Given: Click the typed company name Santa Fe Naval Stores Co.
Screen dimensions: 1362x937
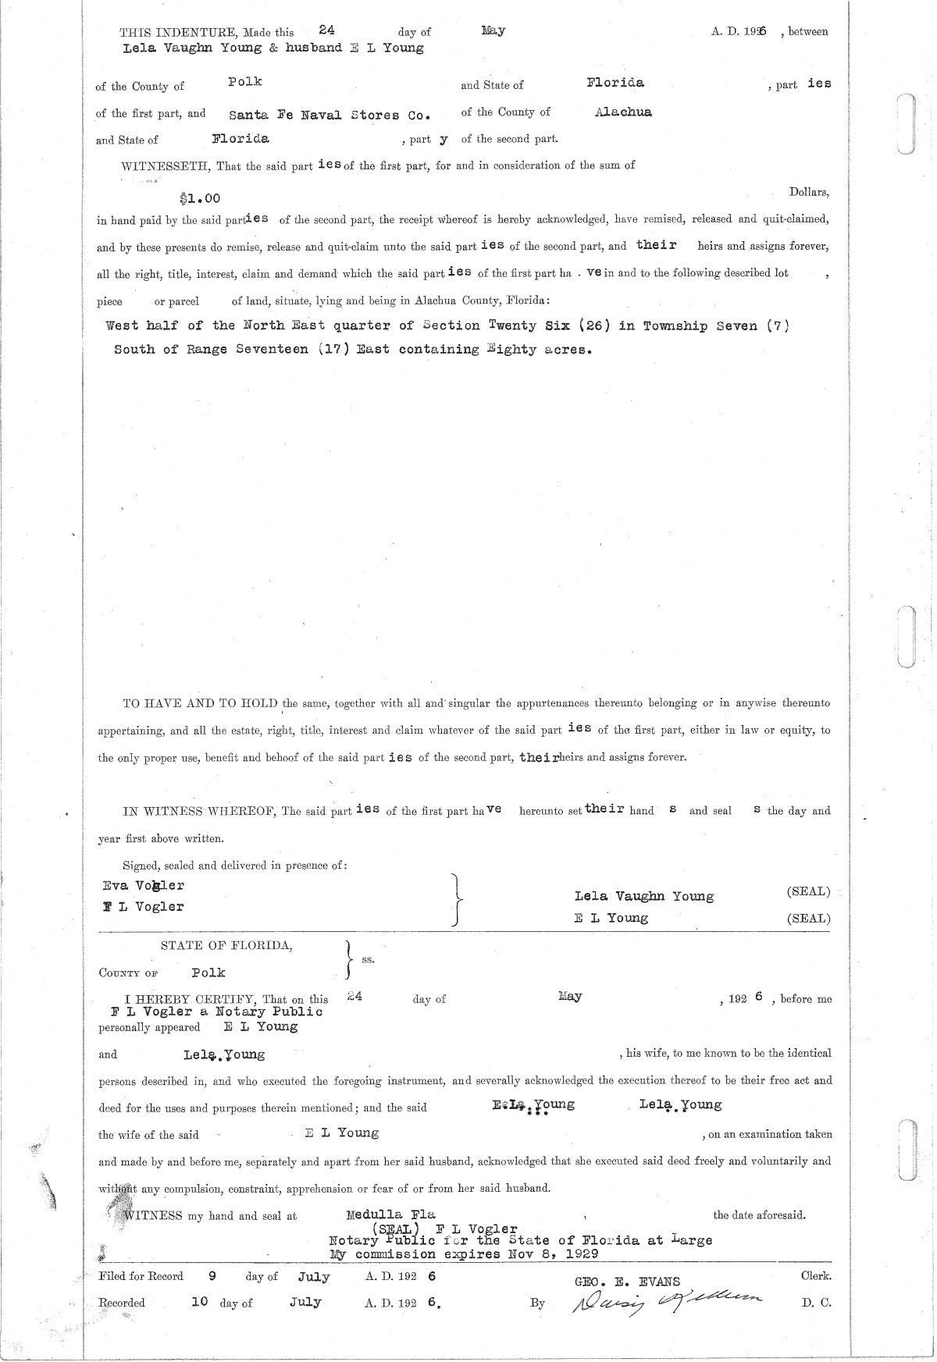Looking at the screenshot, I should click(x=330, y=115).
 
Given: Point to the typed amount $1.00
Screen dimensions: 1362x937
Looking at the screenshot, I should click(x=199, y=199).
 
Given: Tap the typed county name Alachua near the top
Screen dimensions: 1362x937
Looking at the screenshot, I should click(x=623, y=112).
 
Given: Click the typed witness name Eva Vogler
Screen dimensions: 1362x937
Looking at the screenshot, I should click(x=144, y=886).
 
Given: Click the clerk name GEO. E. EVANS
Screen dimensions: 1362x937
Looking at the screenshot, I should click(x=627, y=1282).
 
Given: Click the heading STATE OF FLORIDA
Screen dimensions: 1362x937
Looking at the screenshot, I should click(x=226, y=945).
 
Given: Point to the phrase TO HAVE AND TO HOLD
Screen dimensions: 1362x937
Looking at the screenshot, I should click(x=201, y=703).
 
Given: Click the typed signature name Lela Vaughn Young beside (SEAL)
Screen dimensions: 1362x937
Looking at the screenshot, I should click(x=643, y=897).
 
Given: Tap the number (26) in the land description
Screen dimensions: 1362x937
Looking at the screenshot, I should click(x=594, y=325).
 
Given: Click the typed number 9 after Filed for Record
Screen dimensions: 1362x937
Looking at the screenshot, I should click(x=212, y=1277).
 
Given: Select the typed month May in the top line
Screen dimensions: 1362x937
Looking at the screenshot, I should click(x=493, y=30).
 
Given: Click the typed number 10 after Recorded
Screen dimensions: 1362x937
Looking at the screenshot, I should click(x=199, y=1302).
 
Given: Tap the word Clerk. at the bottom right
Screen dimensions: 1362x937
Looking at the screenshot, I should click(x=816, y=1276).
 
